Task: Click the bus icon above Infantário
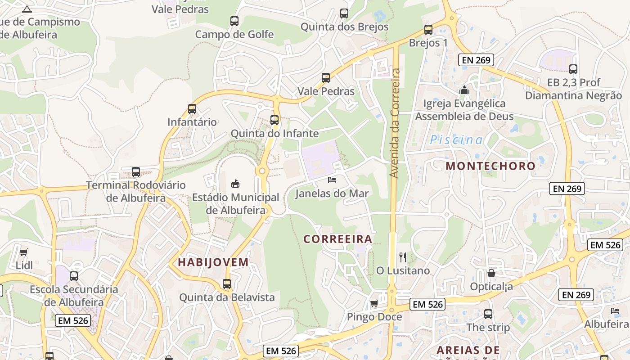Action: (192, 109)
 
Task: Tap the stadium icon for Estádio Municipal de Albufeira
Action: (235, 184)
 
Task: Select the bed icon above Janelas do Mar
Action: (332, 180)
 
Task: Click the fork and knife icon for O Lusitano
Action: (403, 257)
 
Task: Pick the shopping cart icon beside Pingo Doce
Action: (374, 304)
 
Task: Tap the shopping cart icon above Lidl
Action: (24, 252)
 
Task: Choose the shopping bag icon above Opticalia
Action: (491, 273)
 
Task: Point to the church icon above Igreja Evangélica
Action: (464, 90)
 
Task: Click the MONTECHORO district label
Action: (490, 166)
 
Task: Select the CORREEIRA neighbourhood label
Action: (338, 239)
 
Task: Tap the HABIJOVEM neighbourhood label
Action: (213, 262)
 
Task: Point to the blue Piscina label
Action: (456, 140)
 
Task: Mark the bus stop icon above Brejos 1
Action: (428, 30)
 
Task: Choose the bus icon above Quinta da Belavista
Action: (227, 284)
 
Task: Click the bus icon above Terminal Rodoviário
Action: (136, 172)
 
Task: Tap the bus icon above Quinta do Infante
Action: (274, 120)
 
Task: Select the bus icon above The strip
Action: (488, 314)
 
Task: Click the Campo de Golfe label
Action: (234, 34)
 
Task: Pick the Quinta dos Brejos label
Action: (344, 27)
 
